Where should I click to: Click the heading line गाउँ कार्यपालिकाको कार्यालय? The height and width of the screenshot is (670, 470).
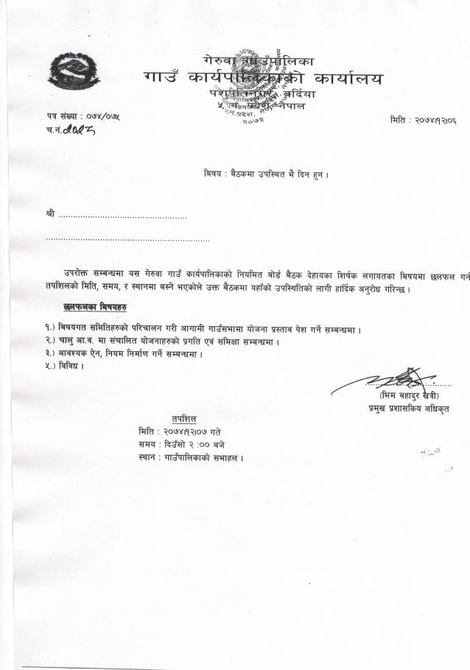coord(264,77)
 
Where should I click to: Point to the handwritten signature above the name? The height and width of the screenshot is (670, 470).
coord(399,381)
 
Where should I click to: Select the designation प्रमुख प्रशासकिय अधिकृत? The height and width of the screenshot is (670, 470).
coord(409,409)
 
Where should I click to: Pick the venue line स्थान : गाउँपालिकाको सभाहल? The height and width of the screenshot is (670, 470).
coord(191,457)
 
